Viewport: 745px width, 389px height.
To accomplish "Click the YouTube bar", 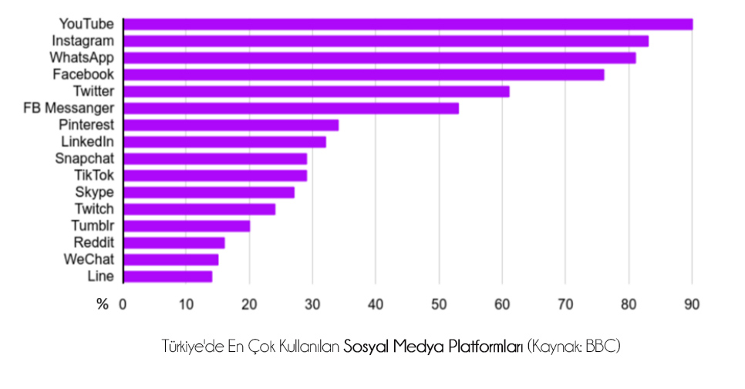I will [x=407, y=24].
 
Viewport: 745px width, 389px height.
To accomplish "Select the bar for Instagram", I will [x=386, y=41].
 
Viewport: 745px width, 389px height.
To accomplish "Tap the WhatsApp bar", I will [x=379, y=58].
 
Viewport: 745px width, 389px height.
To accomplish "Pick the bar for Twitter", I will [x=315, y=92].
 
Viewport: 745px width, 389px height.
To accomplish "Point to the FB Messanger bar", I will [x=290, y=108].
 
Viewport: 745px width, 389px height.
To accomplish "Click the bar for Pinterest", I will [x=230, y=125].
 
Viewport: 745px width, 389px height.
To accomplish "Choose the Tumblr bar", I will [x=186, y=226].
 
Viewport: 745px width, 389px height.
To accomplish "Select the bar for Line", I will [x=167, y=276].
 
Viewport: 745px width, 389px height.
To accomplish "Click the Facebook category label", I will [x=83, y=74].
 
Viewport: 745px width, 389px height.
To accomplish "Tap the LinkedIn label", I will [x=87, y=142].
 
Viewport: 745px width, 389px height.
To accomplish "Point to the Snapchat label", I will [x=84, y=158].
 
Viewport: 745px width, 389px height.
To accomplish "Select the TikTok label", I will [x=93, y=175].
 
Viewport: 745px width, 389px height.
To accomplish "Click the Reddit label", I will [x=93, y=243].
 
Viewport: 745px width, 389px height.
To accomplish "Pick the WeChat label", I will [x=88, y=259].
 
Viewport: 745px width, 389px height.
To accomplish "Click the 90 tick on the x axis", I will [x=692, y=304].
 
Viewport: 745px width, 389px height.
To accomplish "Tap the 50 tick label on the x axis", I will [x=439, y=304].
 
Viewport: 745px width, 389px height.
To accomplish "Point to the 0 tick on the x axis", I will [x=123, y=304].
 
